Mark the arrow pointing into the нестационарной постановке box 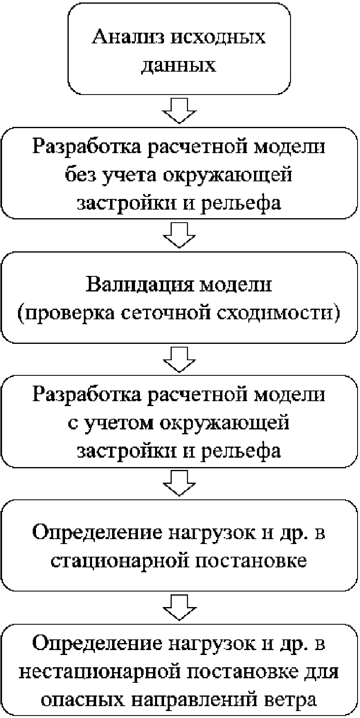pos(179,607)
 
